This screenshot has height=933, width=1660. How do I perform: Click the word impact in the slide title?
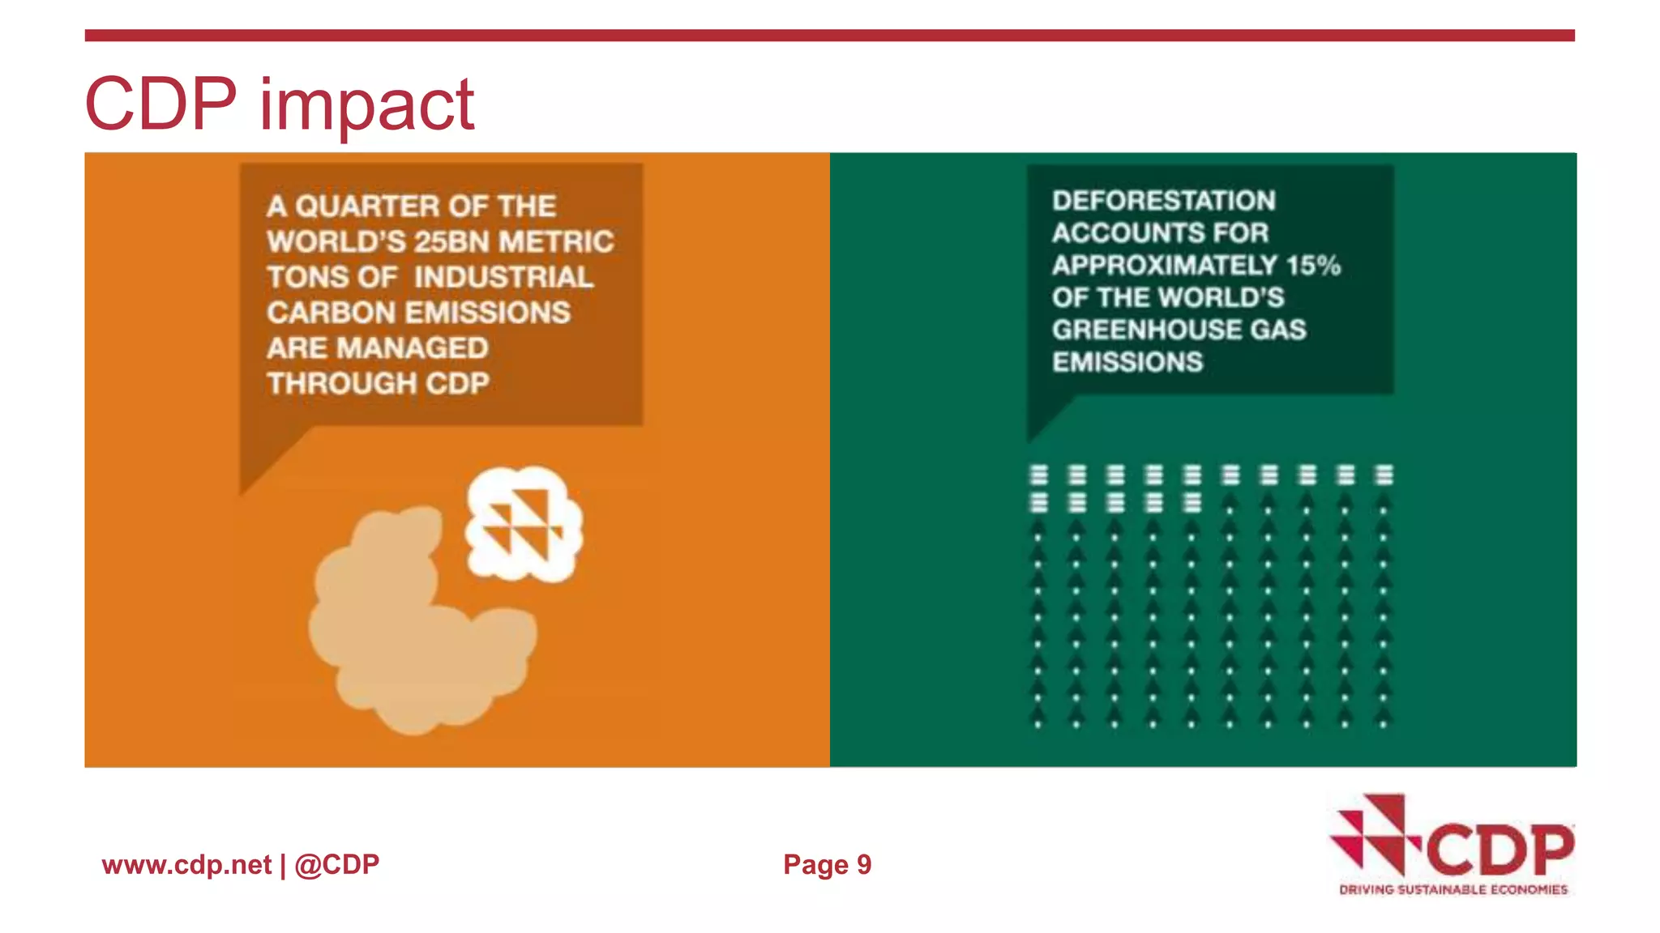366,105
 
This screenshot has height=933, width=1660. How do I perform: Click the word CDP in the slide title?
160,104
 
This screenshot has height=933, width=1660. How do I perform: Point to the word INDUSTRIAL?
503,278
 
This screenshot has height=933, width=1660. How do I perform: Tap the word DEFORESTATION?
1163,201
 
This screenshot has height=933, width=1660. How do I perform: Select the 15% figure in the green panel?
1313,266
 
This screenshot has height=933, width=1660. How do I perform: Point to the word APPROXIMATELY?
1165,266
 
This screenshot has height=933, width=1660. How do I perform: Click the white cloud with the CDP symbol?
524,523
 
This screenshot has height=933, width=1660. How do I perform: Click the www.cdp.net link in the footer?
186,865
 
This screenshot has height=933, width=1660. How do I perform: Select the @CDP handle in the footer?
336,865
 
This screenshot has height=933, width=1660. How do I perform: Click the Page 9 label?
827,865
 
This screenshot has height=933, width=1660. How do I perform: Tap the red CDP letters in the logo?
1500,850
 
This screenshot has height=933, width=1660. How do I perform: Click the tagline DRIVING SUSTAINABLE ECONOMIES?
1452,890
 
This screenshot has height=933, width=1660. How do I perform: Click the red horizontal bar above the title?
829,36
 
